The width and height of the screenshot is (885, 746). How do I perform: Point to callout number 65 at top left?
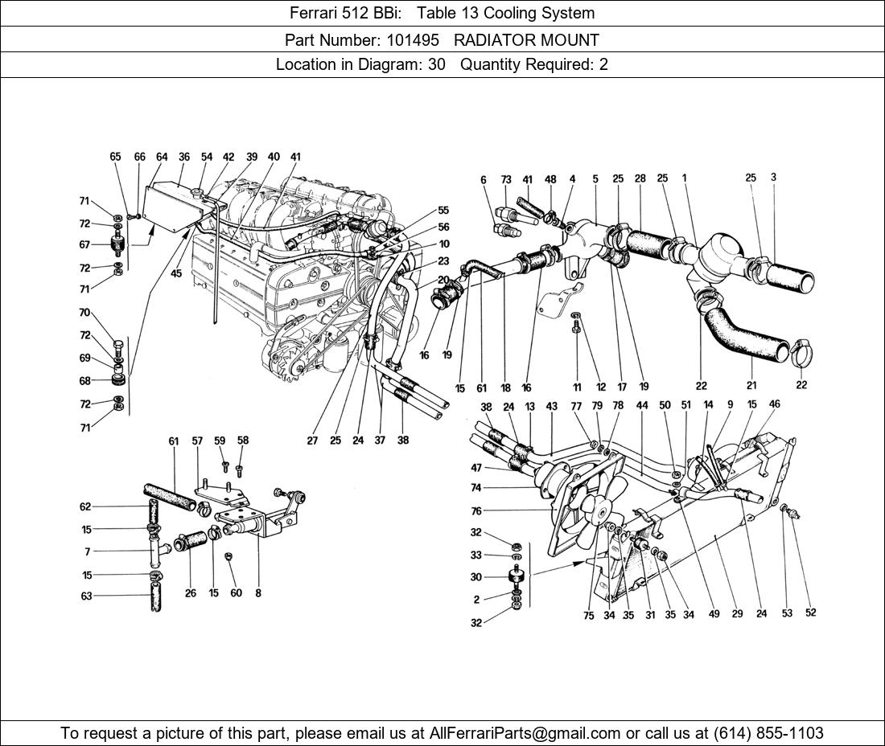click(115, 157)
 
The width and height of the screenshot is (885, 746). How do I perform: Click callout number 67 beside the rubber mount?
click(84, 244)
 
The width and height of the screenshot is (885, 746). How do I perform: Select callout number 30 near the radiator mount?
click(476, 577)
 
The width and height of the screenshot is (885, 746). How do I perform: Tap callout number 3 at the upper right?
click(773, 177)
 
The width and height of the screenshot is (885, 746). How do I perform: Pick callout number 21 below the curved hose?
click(751, 385)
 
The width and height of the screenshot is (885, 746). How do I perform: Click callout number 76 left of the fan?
click(476, 511)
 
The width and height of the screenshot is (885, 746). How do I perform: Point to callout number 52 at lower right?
click(810, 613)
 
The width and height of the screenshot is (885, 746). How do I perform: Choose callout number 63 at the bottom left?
click(85, 596)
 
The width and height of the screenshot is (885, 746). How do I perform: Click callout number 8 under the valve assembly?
click(257, 594)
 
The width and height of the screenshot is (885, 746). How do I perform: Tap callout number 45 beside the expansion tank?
click(176, 273)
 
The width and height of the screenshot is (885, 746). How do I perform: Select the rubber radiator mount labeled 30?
click(515, 577)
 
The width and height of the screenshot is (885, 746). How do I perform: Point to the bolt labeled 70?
click(119, 348)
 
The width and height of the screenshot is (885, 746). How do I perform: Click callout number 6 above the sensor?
click(484, 180)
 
